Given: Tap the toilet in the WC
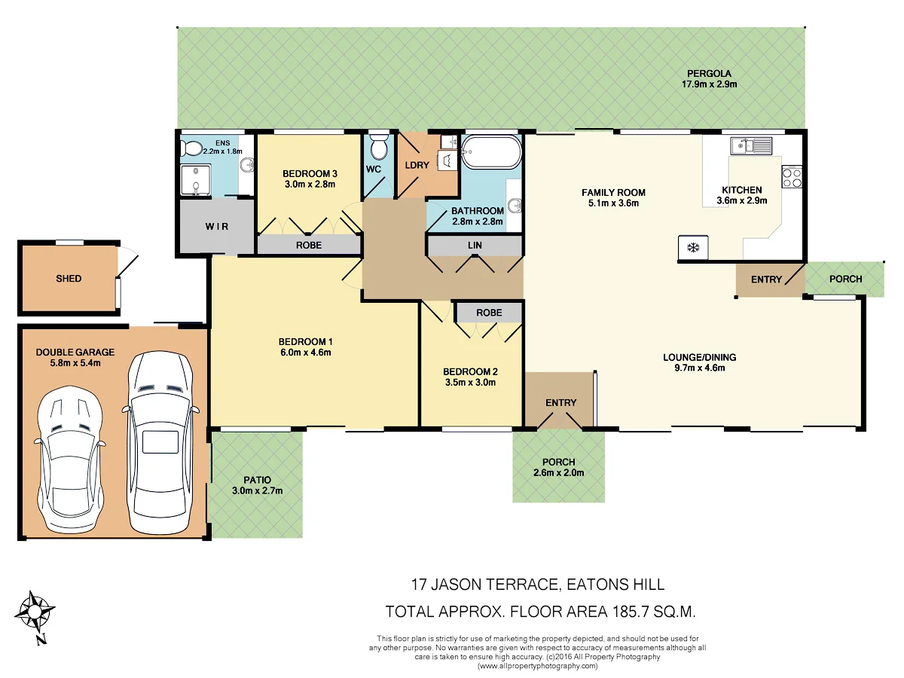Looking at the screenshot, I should pyautogui.click(x=378, y=145).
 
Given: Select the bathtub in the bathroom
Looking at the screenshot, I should pyautogui.click(x=490, y=153).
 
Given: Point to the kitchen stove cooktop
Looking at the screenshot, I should pyautogui.click(x=792, y=177).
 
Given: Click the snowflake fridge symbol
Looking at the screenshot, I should pyautogui.click(x=692, y=248).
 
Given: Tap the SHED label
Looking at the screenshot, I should pyautogui.click(x=69, y=279).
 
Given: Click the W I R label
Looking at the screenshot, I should pyautogui.click(x=216, y=227).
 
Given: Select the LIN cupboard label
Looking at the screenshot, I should pyautogui.click(x=475, y=246).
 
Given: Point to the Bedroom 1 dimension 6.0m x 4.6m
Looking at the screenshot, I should pyautogui.click(x=305, y=352).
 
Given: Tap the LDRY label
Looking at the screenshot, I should pyautogui.click(x=417, y=165).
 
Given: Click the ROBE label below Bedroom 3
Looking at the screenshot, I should pyautogui.click(x=308, y=245).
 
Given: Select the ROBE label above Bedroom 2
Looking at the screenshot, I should pyautogui.click(x=489, y=312).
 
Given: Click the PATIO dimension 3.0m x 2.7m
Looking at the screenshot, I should pyautogui.click(x=257, y=490).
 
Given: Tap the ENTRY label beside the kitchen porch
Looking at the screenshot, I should pyautogui.click(x=766, y=279).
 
